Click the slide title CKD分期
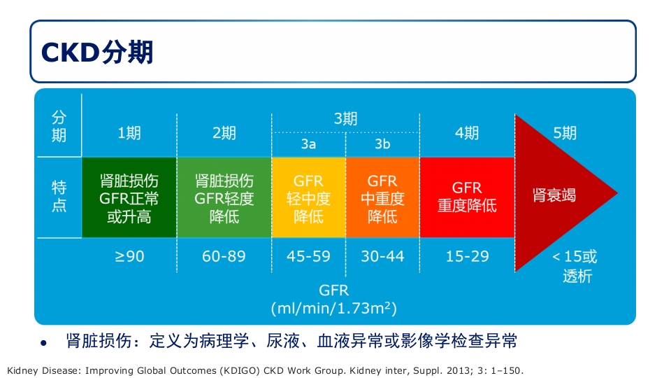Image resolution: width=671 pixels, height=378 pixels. point(98,52)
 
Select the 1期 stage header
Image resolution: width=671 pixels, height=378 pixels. point(129,133)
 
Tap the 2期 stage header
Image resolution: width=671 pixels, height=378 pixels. point(224,133)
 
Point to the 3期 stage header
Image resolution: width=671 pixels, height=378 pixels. point(345,119)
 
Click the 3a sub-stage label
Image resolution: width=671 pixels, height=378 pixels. point(308,145)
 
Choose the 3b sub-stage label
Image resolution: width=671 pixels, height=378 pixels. point(382,145)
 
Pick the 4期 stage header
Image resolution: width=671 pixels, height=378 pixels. point(467,133)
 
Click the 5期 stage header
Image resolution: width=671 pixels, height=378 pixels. point(565,133)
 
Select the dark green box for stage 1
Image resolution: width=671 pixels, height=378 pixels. point(129,198)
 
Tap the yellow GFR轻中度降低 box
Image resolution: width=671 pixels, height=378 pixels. point(308,198)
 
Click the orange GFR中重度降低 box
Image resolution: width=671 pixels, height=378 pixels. point(382,198)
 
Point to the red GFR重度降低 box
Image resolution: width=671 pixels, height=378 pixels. point(467,197)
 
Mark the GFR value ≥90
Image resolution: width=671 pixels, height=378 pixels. point(129,256)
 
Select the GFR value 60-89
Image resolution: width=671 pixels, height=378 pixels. point(224,256)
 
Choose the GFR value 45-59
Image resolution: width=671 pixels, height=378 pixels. point(308,256)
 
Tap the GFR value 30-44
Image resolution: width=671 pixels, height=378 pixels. point(382,256)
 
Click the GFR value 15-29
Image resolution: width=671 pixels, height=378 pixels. point(467,256)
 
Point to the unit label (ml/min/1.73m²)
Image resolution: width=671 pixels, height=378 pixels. point(334,307)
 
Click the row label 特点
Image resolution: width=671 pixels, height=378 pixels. point(59,197)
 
